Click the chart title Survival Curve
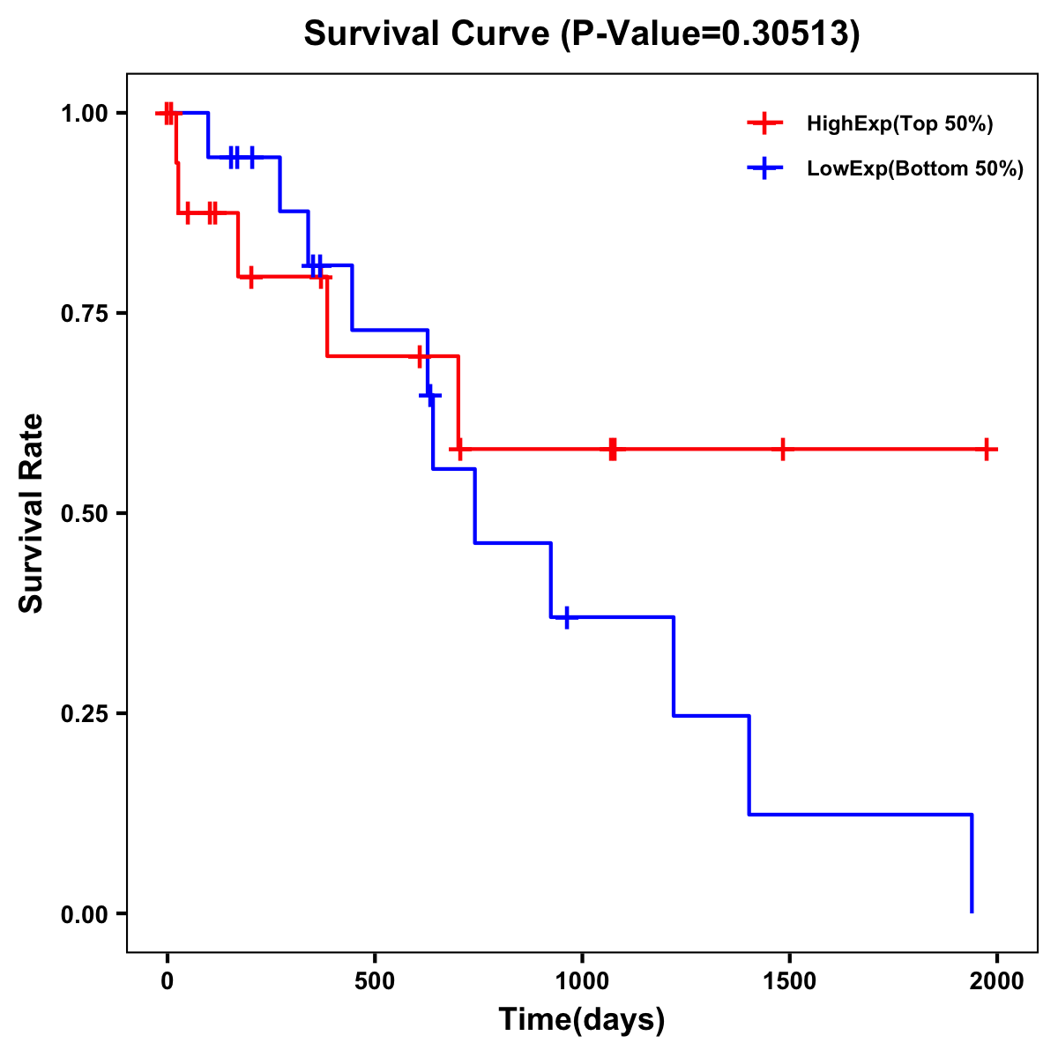(x=428, y=34)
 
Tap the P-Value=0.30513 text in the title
(x=711, y=34)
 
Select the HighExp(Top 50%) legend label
(x=899, y=124)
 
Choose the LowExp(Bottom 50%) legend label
(x=915, y=169)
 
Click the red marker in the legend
(x=764, y=123)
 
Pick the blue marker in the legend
(x=764, y=168)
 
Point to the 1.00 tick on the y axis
(x=84, y=114)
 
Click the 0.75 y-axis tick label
(x=84, y=314)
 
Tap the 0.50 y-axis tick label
(x=84, y=514)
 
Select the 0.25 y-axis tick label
(x=84, y=714)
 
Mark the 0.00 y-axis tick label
(x=84, y=914)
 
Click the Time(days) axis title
(x=582, y=1020)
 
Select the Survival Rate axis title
(x=32, y=513)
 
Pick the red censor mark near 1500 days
(x=782, y=449)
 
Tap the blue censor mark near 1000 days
(x=567, y=617)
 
